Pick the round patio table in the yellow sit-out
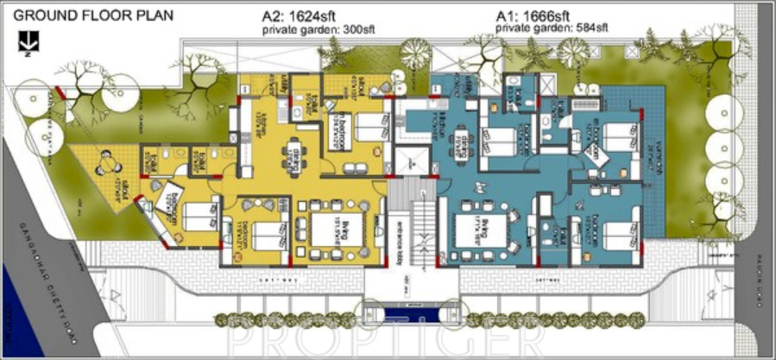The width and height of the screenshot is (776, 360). click(109, 161)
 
